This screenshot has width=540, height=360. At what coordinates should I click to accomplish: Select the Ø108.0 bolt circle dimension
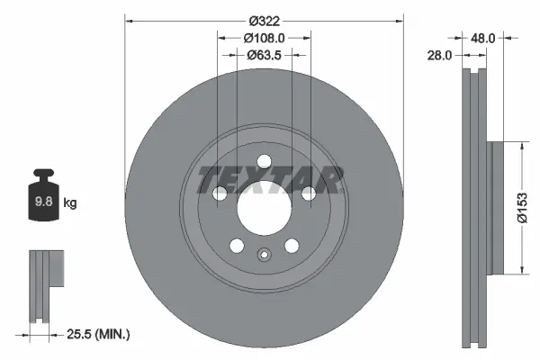pos(265,38)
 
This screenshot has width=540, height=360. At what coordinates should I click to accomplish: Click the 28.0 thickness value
pos(441,55)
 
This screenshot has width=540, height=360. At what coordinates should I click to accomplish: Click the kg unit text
pos(70,203)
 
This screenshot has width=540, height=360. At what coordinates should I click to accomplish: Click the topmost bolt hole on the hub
pos(265,162)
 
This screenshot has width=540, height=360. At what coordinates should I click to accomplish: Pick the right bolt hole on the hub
pos(309,193)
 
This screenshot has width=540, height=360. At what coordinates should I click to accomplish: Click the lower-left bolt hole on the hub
pos(238,246)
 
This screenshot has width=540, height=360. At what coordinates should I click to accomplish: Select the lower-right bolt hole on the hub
pos(292,246)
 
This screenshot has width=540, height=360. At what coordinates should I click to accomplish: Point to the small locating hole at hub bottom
pos(265,254)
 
